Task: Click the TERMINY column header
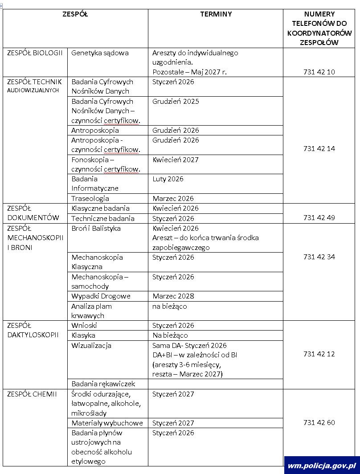216,14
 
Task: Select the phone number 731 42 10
319,72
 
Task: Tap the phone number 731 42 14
319,149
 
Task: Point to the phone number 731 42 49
319,218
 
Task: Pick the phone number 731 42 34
319,257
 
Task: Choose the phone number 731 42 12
319,354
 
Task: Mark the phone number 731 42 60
319,422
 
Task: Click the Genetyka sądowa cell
100,53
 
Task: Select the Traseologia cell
90,198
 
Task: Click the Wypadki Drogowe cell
101,296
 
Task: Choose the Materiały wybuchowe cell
107,423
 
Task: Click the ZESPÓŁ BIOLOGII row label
35,53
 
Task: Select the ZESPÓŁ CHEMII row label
32,394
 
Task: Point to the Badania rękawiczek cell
103,384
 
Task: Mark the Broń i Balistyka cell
96,228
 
